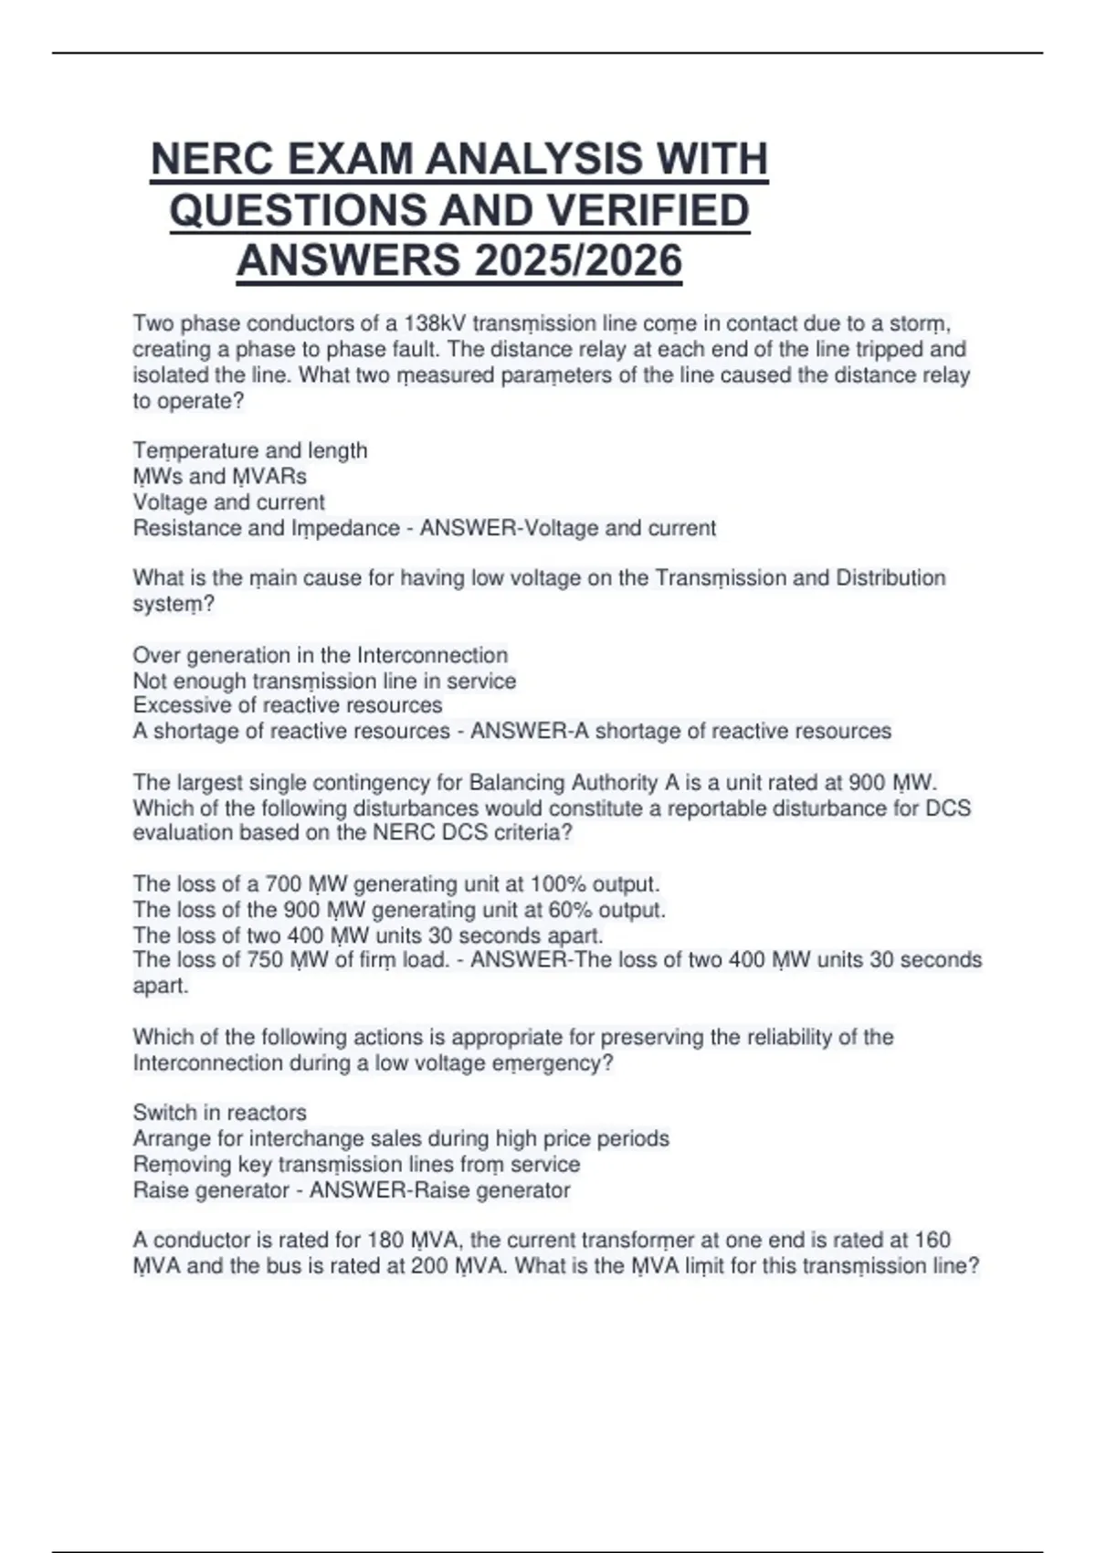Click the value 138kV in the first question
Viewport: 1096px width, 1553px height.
coord(434,324)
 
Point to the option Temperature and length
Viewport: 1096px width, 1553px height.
coord(250,450)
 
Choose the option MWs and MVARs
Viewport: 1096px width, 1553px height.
coord(219,476)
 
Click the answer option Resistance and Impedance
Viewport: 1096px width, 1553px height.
coord(266,528)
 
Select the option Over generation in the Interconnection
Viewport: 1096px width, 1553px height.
coord(320,655)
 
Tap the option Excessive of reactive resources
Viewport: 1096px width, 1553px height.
coord(287,705)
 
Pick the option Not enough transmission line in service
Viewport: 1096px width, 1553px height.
coord(324,681)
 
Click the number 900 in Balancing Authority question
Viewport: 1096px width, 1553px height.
coord(867,783)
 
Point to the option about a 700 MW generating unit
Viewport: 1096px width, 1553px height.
coord(395,884)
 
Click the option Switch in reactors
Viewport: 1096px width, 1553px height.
coord(219,1113)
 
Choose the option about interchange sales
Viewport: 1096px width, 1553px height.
coord(400,1138)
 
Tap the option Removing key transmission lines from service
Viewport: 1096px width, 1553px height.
coord(356,1164)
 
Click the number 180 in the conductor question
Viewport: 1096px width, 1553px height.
coord(385,1240)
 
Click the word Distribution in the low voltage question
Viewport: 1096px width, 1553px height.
coord(890,578)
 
